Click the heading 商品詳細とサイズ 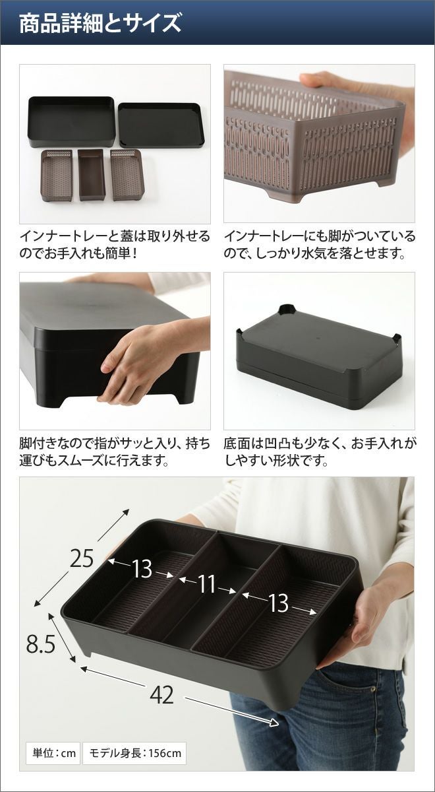pyautogui.click(x=100, y=23)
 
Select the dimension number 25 pyautogui.click(x=82, y=558)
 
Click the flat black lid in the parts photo pyautogui.click(x=161, y=125)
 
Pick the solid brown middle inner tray pyautogui.click(x=91, y=175)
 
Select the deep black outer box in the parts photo pyautogui.click(x=71, y=121)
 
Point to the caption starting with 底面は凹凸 pyautogui.click(x=320, y=452)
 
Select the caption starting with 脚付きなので pyautogui.click(x=115, y=452)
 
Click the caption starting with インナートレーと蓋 pyautogui.click(x=115, y=245)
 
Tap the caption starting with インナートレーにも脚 pyautogui.click(x=320, y=245)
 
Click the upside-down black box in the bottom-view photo pyautogui.click(x=320, y=357)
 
